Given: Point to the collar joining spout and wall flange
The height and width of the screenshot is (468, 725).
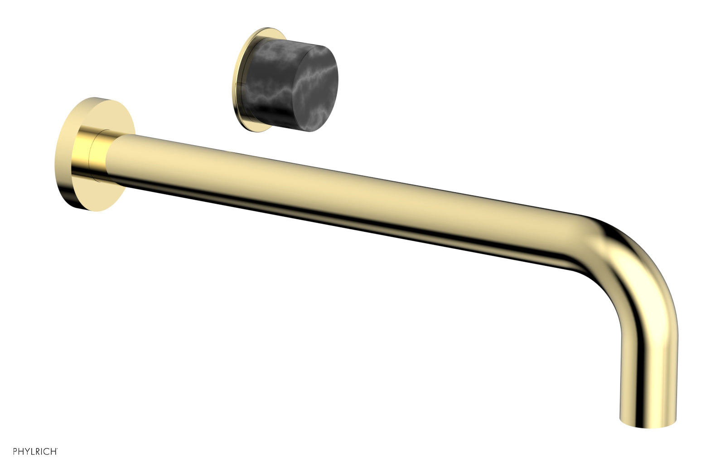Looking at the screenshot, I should pyautogui.click(x=99, y=154).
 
